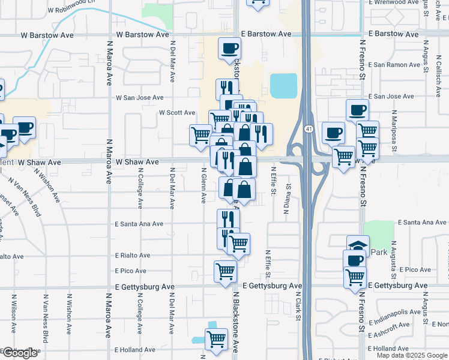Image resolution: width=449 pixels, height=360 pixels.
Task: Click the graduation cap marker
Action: pyautogui.click(x=358, y=245)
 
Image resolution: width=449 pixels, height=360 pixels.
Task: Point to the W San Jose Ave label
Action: pyautogui.click(x=140, y=97)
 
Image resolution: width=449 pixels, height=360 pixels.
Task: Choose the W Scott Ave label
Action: pyautogui.click(x=177, y=113)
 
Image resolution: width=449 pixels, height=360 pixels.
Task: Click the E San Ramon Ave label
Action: pyautogui.click(x=391, y=64)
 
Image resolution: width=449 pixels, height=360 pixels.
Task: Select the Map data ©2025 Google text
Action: pyautogui.click(x=411, y=355)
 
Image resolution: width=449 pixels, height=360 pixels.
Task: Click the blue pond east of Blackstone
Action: pyautogui.click(x=283, y=86)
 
